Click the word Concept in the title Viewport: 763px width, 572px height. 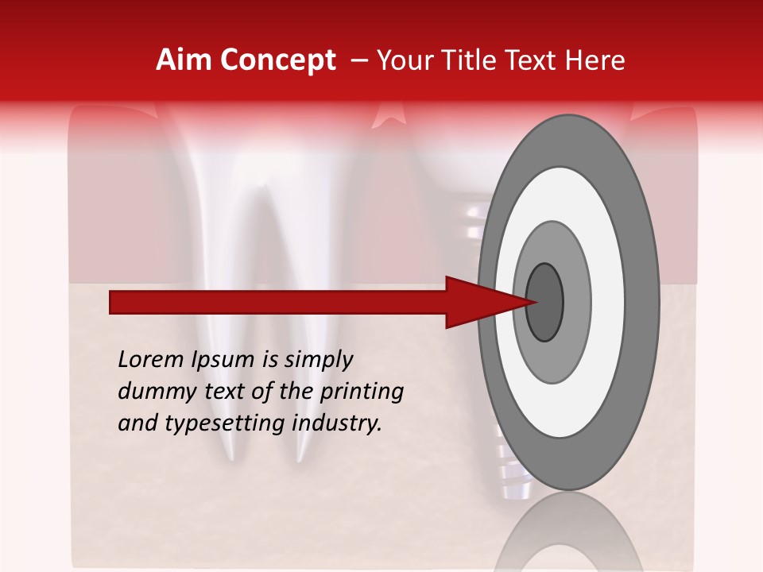click(x=278, y=60)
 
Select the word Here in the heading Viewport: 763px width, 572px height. click(x=597, y=60)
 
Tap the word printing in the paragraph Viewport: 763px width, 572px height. click(x=362, y=392)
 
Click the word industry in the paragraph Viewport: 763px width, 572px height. click(x=337, y=423)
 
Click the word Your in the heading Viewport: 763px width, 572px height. click(x=403, y=60)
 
